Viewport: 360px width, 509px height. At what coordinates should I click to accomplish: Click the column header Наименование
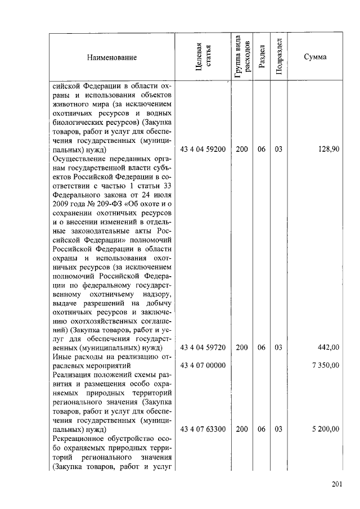pos(111,57)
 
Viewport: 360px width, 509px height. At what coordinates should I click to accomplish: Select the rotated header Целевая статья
pos(203,57)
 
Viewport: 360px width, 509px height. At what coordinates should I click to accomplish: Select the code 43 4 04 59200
pos(203,150)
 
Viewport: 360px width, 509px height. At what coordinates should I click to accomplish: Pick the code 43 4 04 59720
pos(203,348)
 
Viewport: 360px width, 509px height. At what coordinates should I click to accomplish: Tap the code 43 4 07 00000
pos(203,366)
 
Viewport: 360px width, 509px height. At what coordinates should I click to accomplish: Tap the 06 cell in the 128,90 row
pos(262,150)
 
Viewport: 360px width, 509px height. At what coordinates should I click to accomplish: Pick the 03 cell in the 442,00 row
pos(278,348)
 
